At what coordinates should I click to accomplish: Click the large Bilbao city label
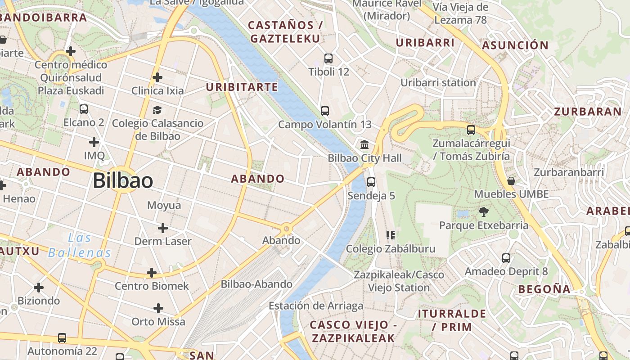(123, 181)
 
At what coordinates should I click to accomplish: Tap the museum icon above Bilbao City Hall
(364, 145)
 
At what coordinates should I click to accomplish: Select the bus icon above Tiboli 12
(328, 58)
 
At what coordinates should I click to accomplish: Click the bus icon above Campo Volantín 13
(325, 111)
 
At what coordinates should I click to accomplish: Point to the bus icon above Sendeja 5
(371, 182)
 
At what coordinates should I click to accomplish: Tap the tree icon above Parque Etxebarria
(484, 211)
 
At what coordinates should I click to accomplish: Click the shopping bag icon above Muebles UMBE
(511, 181)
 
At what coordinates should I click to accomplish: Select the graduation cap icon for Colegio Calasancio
(157, 110)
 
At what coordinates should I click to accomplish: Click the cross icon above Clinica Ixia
(157, 77)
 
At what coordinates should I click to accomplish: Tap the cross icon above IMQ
(94, 143)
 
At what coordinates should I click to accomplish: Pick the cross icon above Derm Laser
(163, 228)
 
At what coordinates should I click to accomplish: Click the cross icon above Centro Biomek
(152, 273)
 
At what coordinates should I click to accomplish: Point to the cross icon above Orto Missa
(158, 308)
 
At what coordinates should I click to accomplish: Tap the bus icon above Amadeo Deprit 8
(506, 258)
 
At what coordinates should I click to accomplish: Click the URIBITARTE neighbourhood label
(242, 87)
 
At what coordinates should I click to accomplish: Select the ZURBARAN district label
(588, 112)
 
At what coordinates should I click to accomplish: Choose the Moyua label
(164, 206)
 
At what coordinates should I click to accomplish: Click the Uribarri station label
(438, 83)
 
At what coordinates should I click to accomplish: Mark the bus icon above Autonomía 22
(62, 337)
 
